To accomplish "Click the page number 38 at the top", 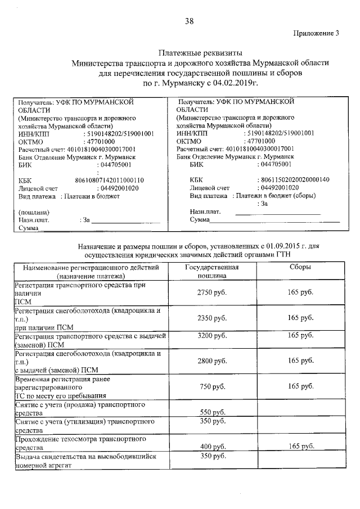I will point(189,22).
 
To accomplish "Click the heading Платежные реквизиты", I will point(200,52).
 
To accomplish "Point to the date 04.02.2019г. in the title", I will point(235,83).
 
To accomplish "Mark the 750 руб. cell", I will point(212,387).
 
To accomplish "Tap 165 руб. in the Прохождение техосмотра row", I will point(300,447).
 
